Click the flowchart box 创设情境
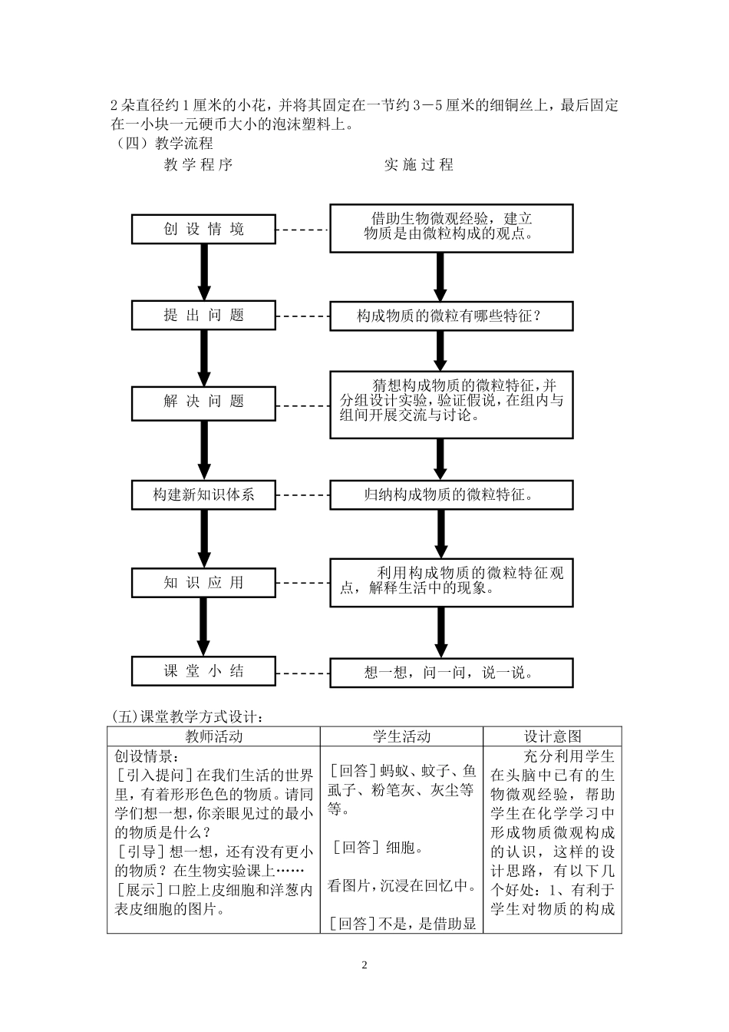click(203, 229)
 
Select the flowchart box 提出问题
click(203, 315)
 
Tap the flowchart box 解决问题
click(203, 402)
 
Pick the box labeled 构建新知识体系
click(203, 495)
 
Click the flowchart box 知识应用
click(203, 583)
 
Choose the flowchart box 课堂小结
click(203, 671)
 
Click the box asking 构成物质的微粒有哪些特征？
click(451, 316)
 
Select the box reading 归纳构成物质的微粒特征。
click(451, 495)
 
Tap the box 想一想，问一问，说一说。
click(451, 673)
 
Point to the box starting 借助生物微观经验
click(451, 227)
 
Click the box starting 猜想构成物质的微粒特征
click(451, 404)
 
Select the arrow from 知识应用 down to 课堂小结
click(204, 626)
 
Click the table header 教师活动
click(213, 736)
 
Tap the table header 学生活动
click(401, 736)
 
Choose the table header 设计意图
click(553, 736)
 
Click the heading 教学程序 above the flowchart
click(198, 164)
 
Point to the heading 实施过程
click(419, 164)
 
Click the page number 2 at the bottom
click(364, 965)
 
